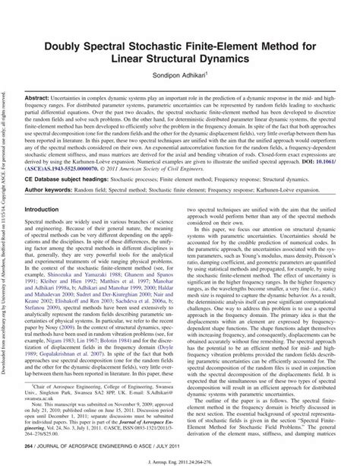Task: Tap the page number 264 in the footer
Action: pos(30,449)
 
